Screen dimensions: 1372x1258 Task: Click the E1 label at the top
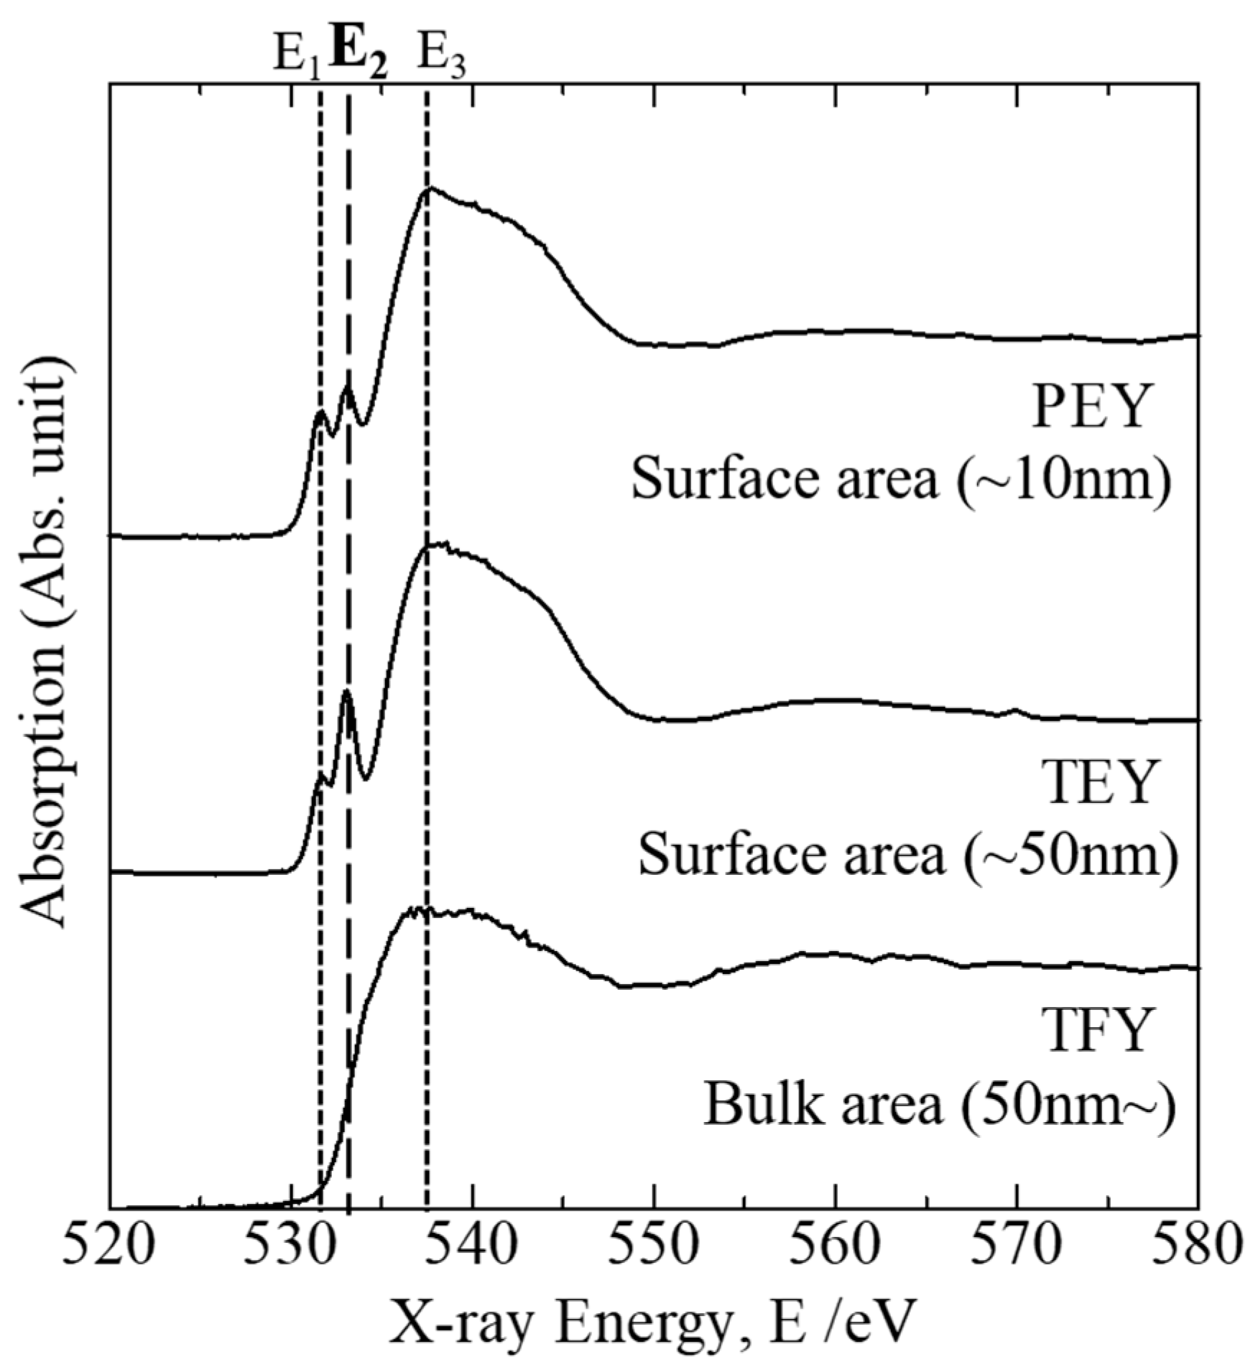point(295,56)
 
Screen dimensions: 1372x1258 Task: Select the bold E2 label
point(359,56)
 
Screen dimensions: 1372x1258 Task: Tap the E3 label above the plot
point(441,56)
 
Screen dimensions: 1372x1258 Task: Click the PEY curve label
point(1087,407)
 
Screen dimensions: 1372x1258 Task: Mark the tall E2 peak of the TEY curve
point(347,692)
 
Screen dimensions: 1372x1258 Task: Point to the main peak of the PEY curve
point(430,189)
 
